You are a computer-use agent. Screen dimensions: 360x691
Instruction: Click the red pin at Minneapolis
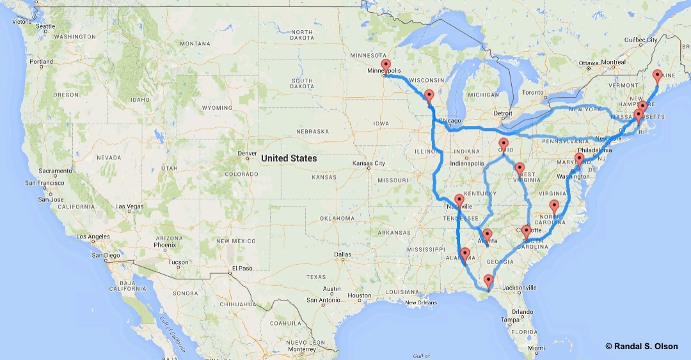tap(385, 66)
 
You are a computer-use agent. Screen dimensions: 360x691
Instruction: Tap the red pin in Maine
tap(657, 76)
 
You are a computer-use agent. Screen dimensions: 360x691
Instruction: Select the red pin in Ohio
tap(504, 145)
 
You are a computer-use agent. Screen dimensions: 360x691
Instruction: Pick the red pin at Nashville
tap(459, 201)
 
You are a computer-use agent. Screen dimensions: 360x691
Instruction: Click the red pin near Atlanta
tap(486, 235)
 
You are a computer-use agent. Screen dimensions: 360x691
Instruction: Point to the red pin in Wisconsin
tap(429, 97)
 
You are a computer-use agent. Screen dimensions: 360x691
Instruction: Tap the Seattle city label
tap(45, 26)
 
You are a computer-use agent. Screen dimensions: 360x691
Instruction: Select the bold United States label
tap(289, 158)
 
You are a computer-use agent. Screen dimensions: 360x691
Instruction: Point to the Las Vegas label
tap(129, 207)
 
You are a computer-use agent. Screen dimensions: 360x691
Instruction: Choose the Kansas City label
tap(369, 163)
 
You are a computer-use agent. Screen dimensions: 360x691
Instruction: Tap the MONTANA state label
tap(195, 43)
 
